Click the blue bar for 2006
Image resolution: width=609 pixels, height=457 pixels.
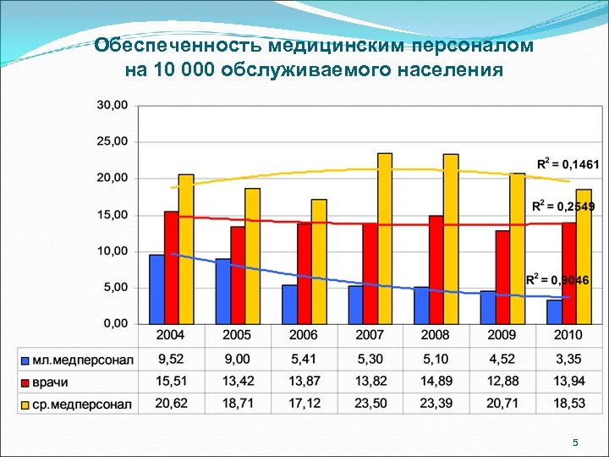(x=289, y=305)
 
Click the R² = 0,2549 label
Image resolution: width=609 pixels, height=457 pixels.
(x=562, y=206)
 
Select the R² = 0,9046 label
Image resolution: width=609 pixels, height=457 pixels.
(x=557, y=279)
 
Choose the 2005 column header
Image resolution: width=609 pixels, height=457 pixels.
(x=238, y=335)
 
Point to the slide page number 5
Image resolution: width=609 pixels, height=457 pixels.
(x=575, y=443)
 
